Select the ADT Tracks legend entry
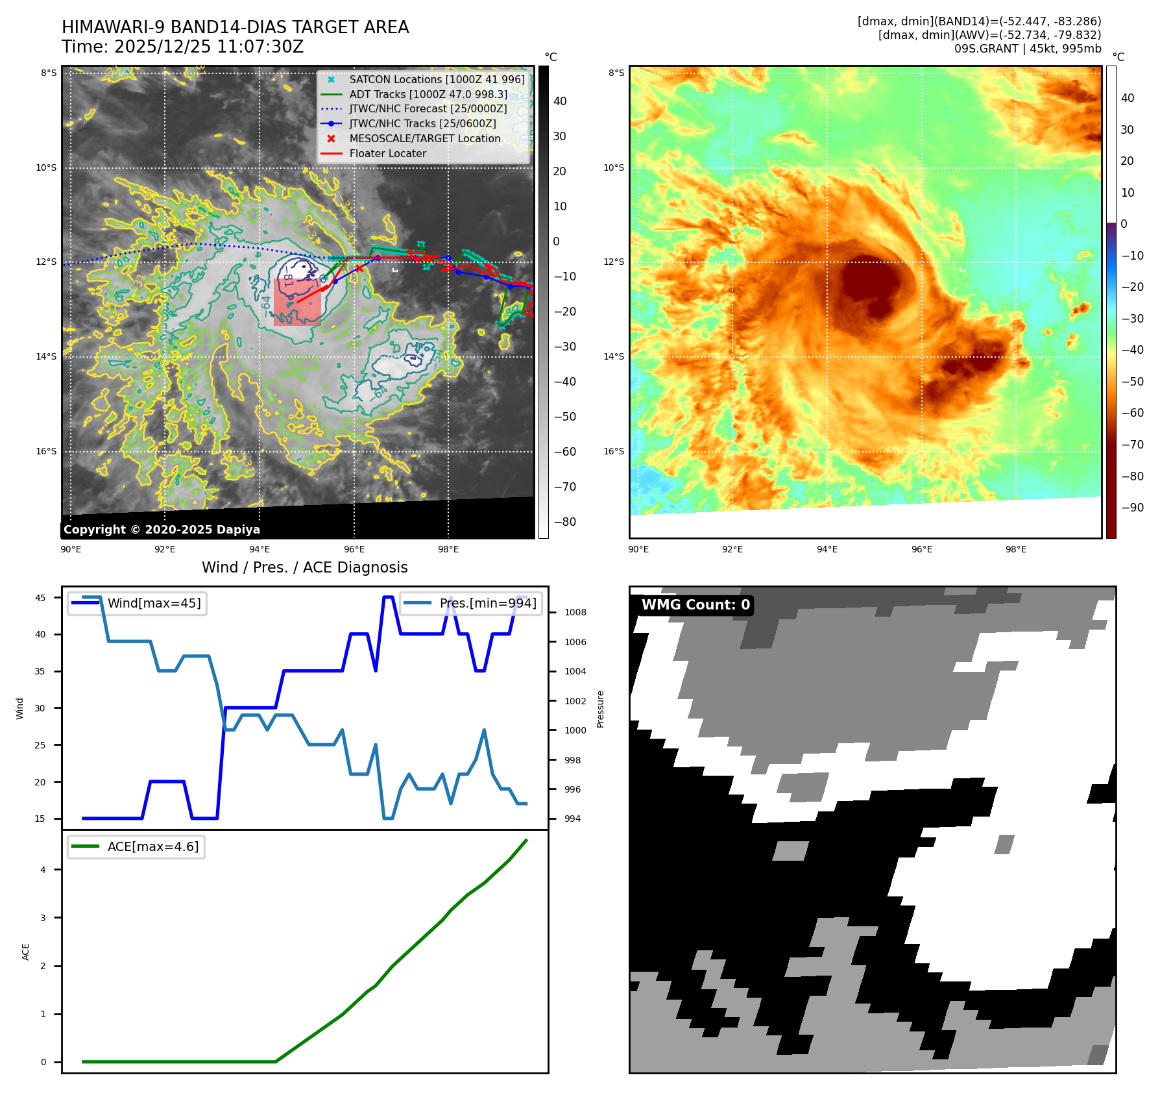(x=428, y=94)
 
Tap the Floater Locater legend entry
(x=387, y=153)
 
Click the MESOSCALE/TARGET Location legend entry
(x=424, y=138)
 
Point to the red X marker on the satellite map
(x=359, y=268)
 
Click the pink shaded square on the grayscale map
(x=296, y=302)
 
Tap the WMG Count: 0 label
(x=695, y=605)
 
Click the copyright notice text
(x=162, y=530)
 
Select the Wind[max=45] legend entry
(x=154, y=603)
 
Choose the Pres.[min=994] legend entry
(x=487, y=603)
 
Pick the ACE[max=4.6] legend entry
(x=153, y=846)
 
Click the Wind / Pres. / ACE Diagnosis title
(x=304, y=567)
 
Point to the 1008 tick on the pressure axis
(x=575, y=612)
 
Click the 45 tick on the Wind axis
(x=40, y=598)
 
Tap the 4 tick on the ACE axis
(x=43, y=870)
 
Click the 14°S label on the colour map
(x=613, y=356)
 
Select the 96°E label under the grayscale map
(x=354, y=549)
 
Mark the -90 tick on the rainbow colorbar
(x=1132, y=508)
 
